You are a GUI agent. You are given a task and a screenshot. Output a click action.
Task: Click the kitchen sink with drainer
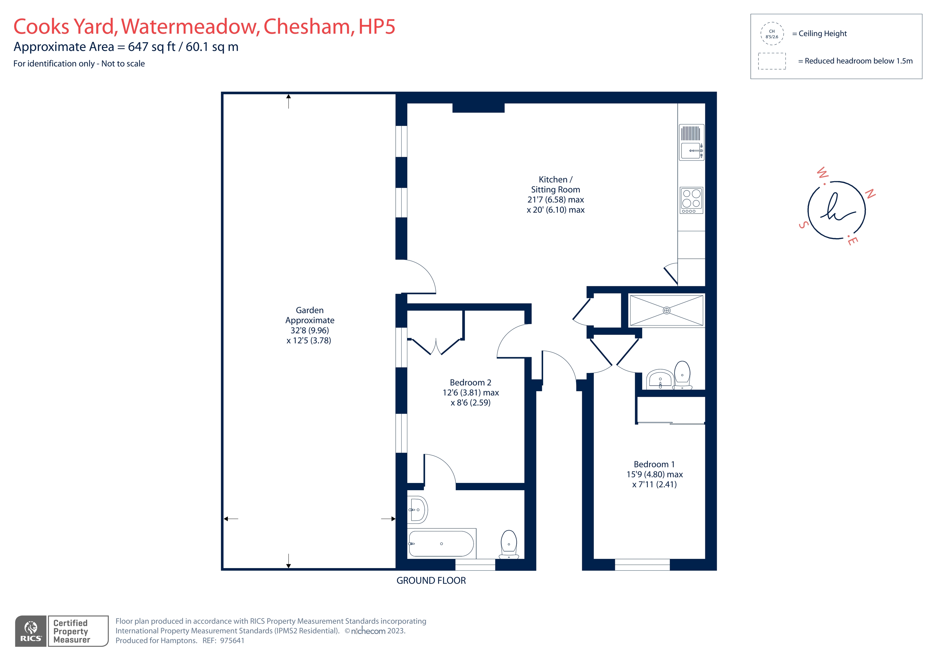pos(691,142)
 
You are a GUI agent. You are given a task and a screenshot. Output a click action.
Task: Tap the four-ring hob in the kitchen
pos(691,200)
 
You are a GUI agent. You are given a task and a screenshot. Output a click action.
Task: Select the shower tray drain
pos(666,311)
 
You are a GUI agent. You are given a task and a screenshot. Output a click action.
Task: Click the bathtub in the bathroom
pos(441,544)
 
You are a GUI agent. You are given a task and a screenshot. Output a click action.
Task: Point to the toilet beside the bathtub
pos(509,545)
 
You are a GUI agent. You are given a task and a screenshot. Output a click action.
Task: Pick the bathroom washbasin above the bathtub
pos(417,510)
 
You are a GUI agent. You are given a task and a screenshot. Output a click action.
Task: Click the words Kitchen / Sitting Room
pos(556,184)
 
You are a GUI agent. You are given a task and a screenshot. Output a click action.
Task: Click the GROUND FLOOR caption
pos(431,581)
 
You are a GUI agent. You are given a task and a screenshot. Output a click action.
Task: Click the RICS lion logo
pos(31,627)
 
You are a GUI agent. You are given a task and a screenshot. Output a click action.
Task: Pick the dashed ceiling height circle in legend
pos(772,34)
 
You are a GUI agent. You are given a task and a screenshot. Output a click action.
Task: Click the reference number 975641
pos(232,640)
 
